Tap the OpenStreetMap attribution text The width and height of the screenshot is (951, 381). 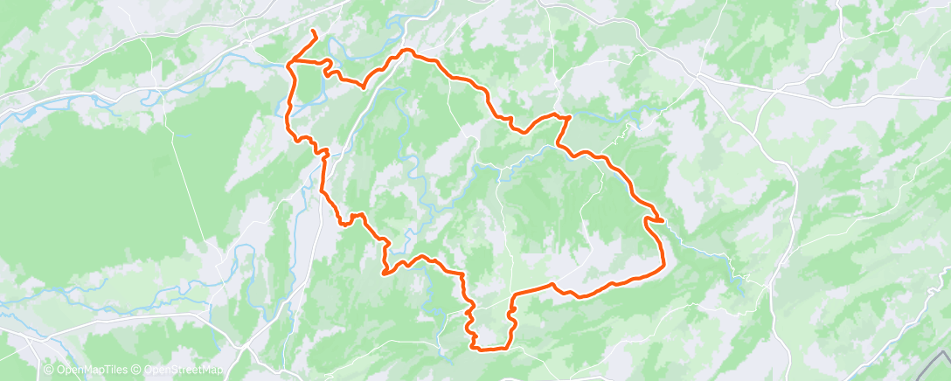[x=181, y=371]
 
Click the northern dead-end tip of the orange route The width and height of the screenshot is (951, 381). [x=313, y=31]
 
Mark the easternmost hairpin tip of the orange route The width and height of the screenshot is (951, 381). [x=663, y=219]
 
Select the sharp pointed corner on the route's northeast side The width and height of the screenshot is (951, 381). [x=570, y=116]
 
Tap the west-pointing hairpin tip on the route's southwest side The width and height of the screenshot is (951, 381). [x=383, y=273]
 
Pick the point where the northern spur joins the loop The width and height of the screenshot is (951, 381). [x=290, y=62]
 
